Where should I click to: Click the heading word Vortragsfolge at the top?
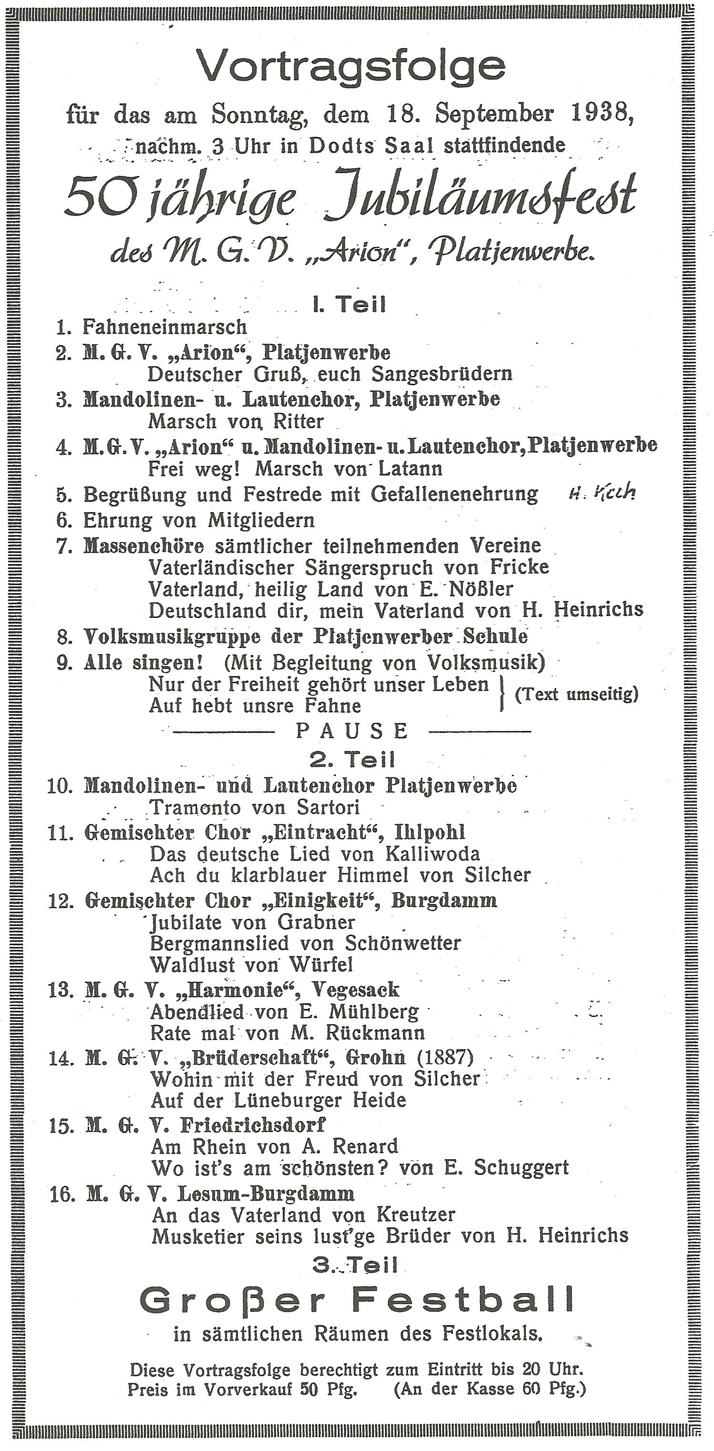point(351,66)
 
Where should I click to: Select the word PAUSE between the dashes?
point(353,731)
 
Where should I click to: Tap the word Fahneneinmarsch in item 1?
point(164,327)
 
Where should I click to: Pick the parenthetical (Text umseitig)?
point(577,695)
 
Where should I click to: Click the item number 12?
point(61,901)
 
